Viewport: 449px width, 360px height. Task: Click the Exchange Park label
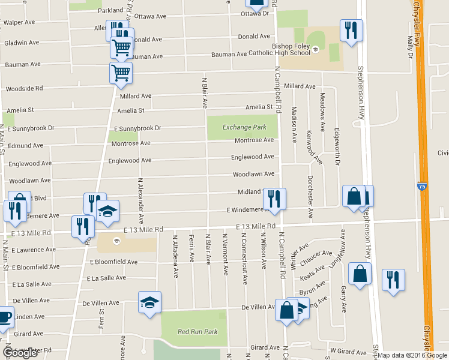[x=244, y=127]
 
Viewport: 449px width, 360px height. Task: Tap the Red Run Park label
[x=197, y=332]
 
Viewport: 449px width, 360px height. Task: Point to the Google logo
[x=20, y=353]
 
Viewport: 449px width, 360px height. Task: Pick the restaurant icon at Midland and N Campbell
[x=274, y=199]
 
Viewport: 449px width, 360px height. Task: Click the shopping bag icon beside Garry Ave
[x=359, y=274]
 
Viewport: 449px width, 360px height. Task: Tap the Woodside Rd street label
[x=24, y=89]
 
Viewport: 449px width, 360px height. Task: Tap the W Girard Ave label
[x=348, y=352]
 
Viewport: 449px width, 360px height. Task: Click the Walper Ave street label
[x=19, y=23]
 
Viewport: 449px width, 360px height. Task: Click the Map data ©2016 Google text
[x=412, y=355]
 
